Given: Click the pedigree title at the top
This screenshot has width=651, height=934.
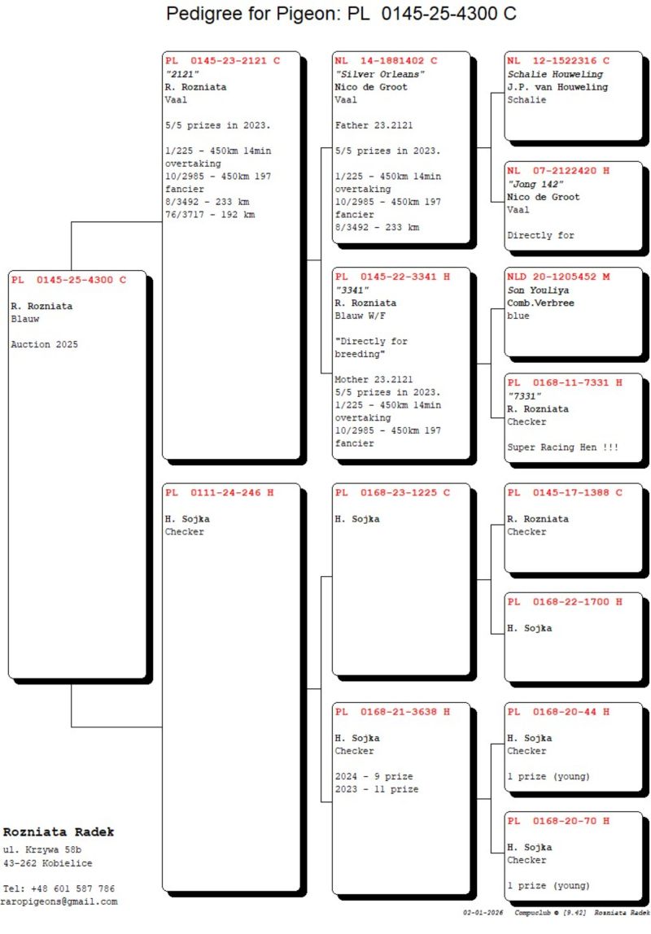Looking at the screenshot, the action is (341, 13).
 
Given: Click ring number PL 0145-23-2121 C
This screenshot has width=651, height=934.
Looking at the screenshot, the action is (223, 61).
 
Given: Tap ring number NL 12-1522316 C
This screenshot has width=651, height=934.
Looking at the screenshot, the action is (558, 61).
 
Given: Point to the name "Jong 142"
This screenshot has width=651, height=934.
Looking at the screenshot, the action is (535, 184).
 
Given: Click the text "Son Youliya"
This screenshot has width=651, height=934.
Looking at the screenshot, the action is (538, 290).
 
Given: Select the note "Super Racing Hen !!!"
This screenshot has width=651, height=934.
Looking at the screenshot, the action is (563, 447).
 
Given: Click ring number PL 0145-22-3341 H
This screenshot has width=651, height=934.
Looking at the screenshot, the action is (392, 277).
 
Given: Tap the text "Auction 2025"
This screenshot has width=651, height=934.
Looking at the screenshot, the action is (45, 344).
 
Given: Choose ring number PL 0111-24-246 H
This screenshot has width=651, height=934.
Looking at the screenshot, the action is (220, 492).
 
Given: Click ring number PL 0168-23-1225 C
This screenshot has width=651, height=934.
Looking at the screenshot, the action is (392, 492).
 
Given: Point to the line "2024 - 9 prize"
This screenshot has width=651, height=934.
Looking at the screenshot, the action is (374, 776).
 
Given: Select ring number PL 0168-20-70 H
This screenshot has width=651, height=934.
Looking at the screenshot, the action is (558, 821).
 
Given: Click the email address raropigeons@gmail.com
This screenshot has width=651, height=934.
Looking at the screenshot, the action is (59, 901).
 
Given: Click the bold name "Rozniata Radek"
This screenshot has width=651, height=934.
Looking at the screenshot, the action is (59, 832).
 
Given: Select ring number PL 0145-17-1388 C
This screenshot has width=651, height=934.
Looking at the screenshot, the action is (565, 492).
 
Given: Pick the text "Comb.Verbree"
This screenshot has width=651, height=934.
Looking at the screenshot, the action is (541, 303).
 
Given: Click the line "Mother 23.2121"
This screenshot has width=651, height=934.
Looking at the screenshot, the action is (374, 379).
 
